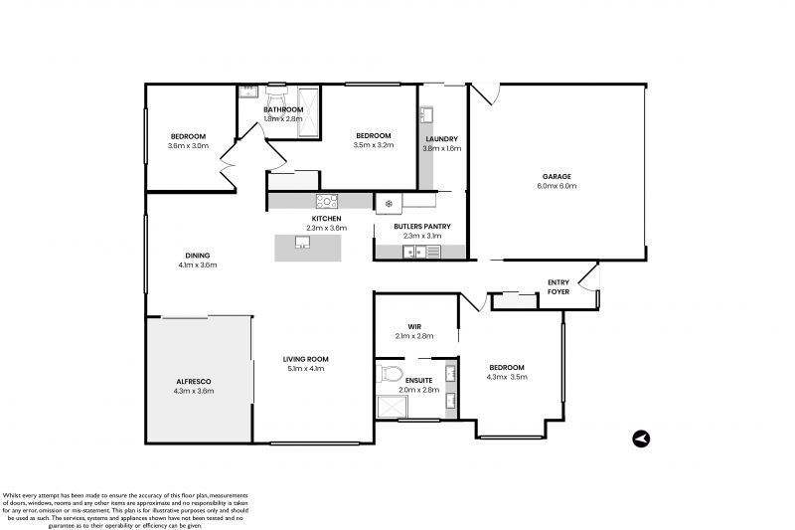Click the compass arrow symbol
coord(641,438)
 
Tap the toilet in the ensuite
coord(391,376)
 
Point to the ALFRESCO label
coord(193,381)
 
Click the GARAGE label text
coord(556,176)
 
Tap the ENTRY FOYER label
coord(558,287)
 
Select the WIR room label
coord(414,326)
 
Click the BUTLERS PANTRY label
coord(422,227)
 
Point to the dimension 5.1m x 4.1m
coord(304,369)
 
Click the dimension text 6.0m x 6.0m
coord(556,186)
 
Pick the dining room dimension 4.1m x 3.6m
coord(197,265)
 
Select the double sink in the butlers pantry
coord(414,253)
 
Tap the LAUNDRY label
coord(441,139)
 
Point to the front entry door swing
coord(591,279)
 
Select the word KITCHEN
coord(326,218)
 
